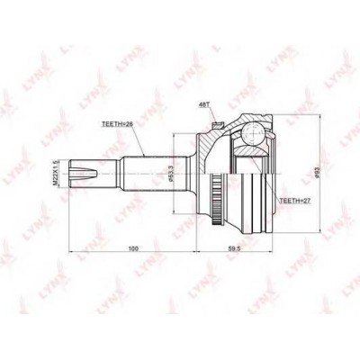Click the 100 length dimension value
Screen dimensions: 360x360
[x=133, y=246]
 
